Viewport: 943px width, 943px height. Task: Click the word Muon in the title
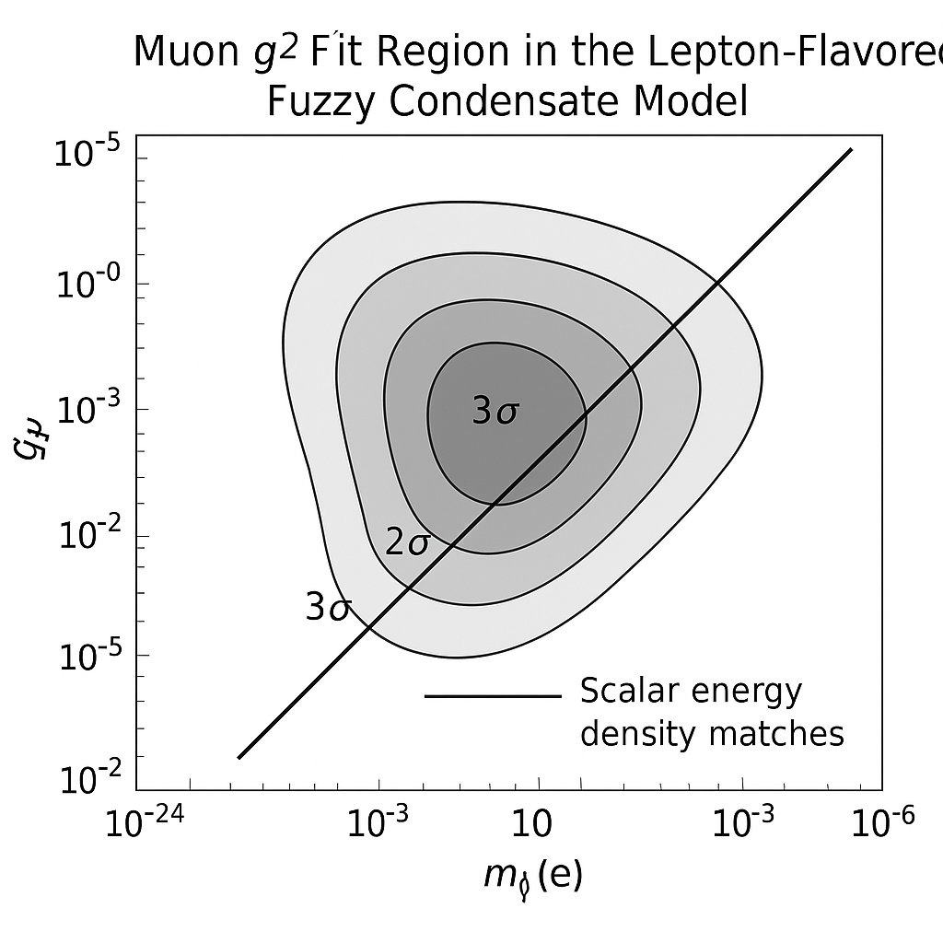coord(180,53)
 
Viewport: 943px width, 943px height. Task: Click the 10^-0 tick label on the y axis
coord(89,285)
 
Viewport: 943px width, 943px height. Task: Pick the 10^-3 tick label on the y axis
coord(89,412)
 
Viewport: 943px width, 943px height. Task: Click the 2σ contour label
coord(406,543)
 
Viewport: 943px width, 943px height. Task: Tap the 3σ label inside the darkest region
coord(495,412)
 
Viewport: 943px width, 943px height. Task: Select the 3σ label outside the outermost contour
coord(327,608)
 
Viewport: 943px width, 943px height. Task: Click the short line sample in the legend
coord(492,696)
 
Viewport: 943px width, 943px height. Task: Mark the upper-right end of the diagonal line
coord(852,149)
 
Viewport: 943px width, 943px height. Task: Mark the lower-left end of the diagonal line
coord(239,758)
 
